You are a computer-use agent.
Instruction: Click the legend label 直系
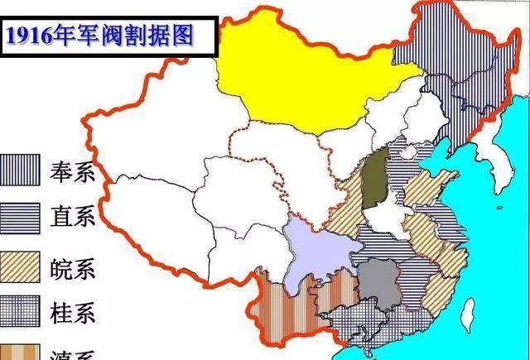point(74,218)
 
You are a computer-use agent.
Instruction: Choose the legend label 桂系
point(74,313)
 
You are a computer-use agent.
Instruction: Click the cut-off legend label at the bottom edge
point(74,354)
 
